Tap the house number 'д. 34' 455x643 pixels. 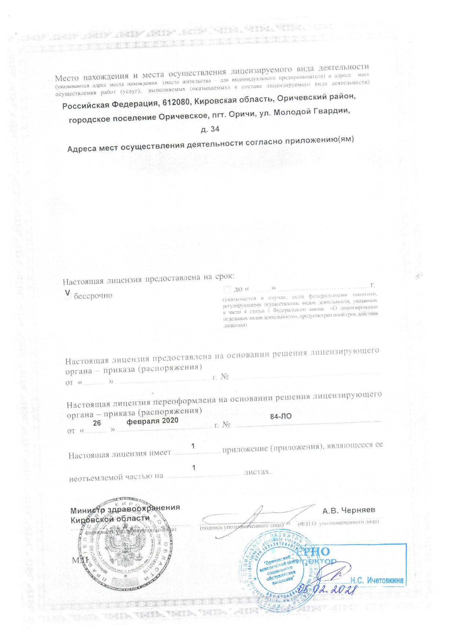click(210, 129)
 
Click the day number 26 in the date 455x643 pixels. click(97, 423)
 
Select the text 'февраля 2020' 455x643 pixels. click(152, 421)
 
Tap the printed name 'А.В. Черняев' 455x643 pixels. click(349, 510)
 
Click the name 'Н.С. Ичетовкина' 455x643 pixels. click(377, 580)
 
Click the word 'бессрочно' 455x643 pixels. click(93, 296)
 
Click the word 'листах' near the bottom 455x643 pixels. click(258, 472)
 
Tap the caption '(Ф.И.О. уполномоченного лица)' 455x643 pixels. click(338, 522)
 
